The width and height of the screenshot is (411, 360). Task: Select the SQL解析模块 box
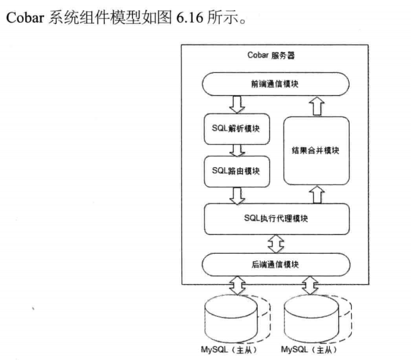tap(237, 128)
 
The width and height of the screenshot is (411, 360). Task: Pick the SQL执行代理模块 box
tap(277, 218)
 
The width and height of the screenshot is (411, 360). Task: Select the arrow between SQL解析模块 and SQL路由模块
tap(237, 150)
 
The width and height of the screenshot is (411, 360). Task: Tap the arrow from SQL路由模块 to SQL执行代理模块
tap(237, 195)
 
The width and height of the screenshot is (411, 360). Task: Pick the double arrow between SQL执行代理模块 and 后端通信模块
tap(277, 241)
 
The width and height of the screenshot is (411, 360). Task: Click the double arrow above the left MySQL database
tap(237, 286)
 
